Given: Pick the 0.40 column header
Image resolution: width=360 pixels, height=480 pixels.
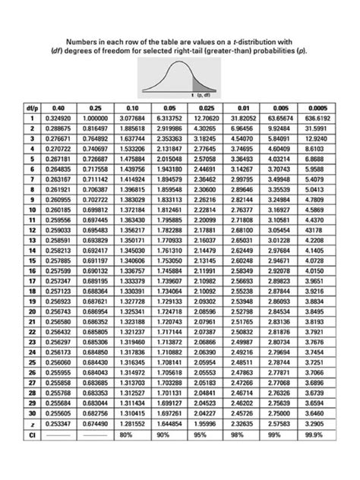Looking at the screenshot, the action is pos(58,109).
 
